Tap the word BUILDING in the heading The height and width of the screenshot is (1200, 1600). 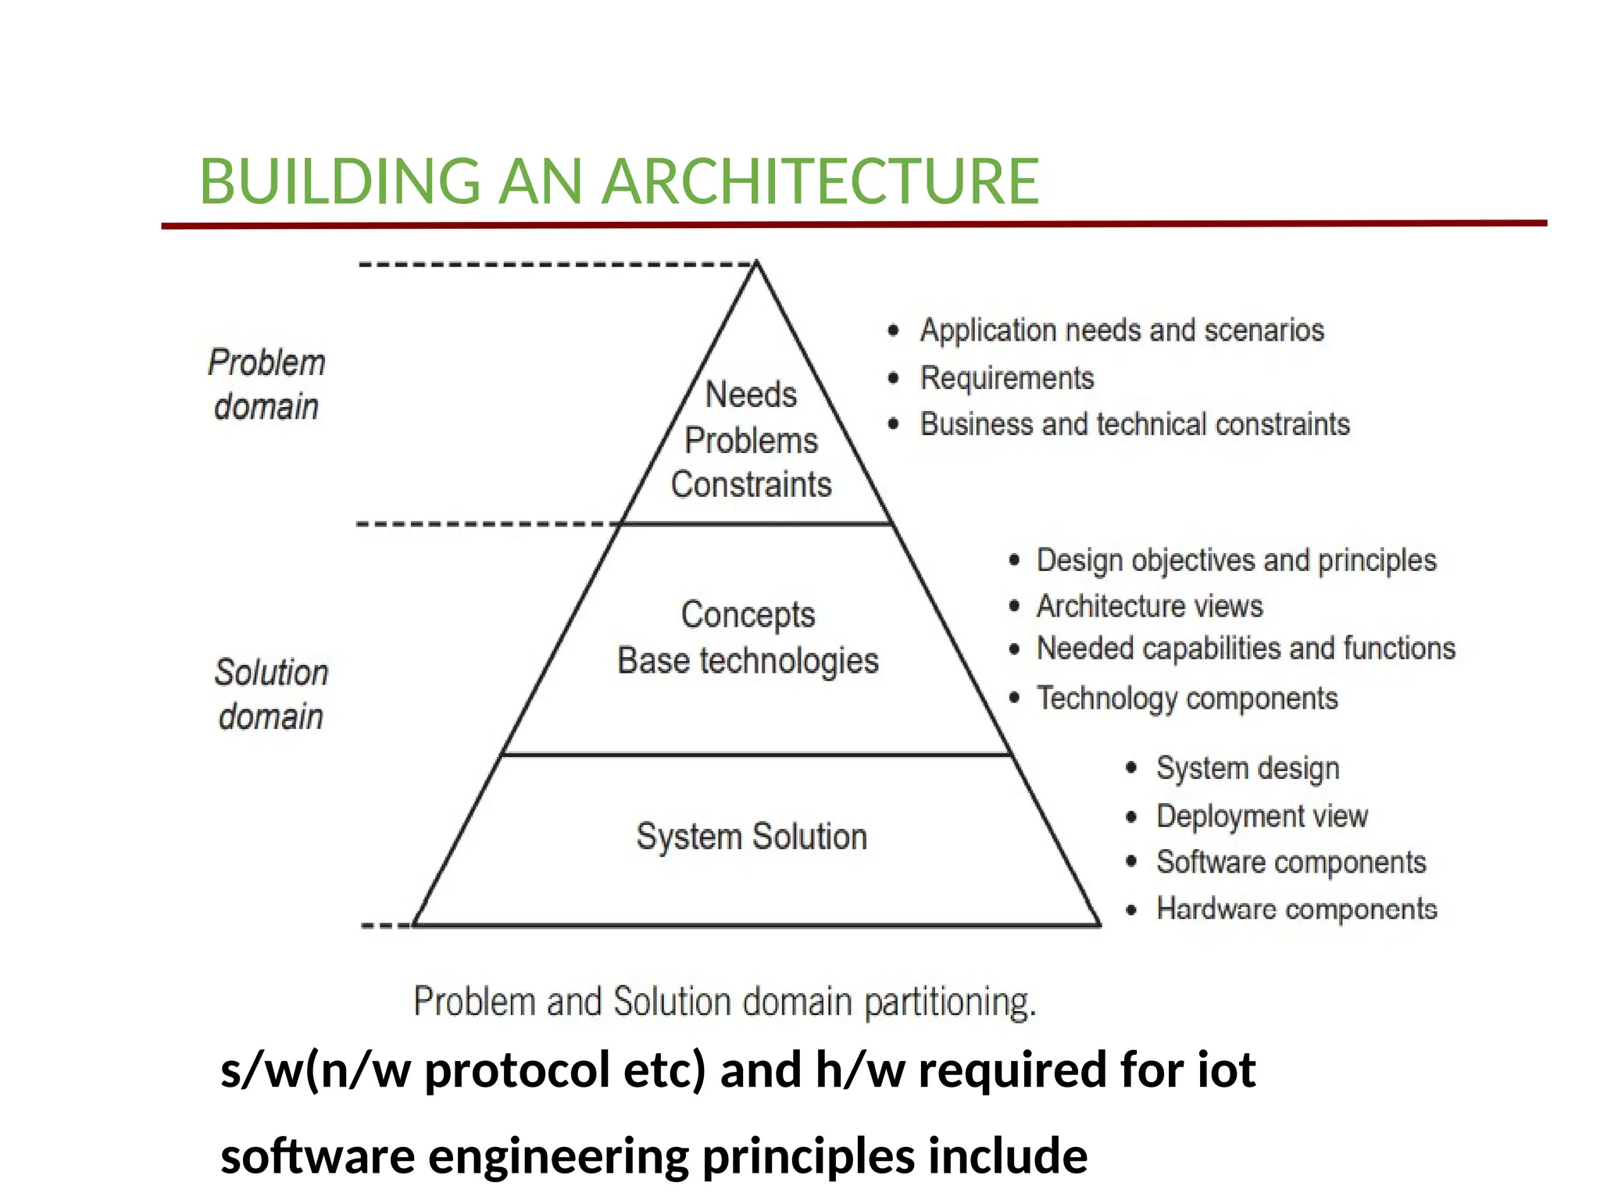click(340, 181)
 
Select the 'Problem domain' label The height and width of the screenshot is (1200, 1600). click(266, 384)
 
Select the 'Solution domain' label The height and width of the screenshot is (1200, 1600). click(271, 695)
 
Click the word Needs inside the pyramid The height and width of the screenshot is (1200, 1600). click(751, 395)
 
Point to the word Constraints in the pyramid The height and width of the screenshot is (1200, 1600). click(751, 484)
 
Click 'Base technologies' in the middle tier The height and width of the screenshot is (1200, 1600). click(748, 661)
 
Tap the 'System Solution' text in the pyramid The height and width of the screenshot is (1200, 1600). click(752, 837)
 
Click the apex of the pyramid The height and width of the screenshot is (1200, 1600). click(756, 265)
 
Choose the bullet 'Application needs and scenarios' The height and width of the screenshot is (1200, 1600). click(1122, 330)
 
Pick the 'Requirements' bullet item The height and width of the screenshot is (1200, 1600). click(1007, 378)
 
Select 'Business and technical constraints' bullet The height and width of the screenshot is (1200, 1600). click(1134, 424)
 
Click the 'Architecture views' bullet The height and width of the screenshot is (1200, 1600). click(1149, 606)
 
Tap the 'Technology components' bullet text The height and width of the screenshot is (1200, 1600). click(1187, 698)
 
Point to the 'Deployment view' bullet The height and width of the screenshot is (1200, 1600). click(1262, 816)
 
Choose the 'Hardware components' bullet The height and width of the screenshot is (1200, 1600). click(1296, 909)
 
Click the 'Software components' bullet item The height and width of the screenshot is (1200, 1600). click(1291, 862)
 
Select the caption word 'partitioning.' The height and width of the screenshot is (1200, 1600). click(950, 1002)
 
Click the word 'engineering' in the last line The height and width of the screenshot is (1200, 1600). click(559, 1156)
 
